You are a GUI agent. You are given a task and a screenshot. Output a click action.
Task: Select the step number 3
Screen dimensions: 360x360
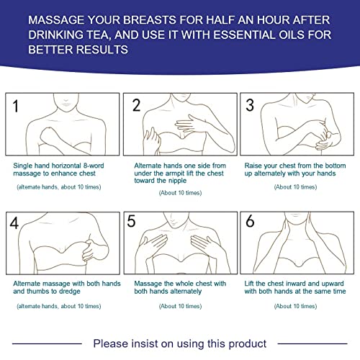pos(251,105)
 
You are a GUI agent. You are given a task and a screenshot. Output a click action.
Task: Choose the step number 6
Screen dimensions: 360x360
pos(251,223)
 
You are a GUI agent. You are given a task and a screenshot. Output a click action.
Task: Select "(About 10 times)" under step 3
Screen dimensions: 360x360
pos(295,186)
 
